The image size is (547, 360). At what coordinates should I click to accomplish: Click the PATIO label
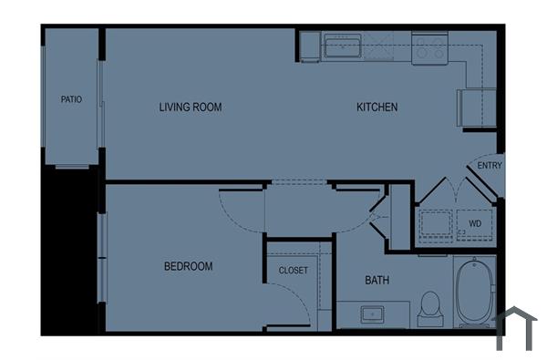point(71,99)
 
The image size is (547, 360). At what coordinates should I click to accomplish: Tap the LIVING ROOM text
point(191,108)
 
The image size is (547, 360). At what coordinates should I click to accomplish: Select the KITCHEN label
point(377,108)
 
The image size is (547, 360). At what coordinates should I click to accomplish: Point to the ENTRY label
point(490,166)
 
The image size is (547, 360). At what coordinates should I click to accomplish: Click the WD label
point(475,222)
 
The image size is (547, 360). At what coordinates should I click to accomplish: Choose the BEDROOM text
point(188,266)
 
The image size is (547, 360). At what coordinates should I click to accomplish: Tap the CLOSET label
point(294,271)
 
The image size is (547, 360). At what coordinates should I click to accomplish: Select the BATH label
point(377,280)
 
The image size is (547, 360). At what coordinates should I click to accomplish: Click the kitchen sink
point(343,46)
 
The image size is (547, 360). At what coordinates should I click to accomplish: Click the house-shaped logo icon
point(517,328)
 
